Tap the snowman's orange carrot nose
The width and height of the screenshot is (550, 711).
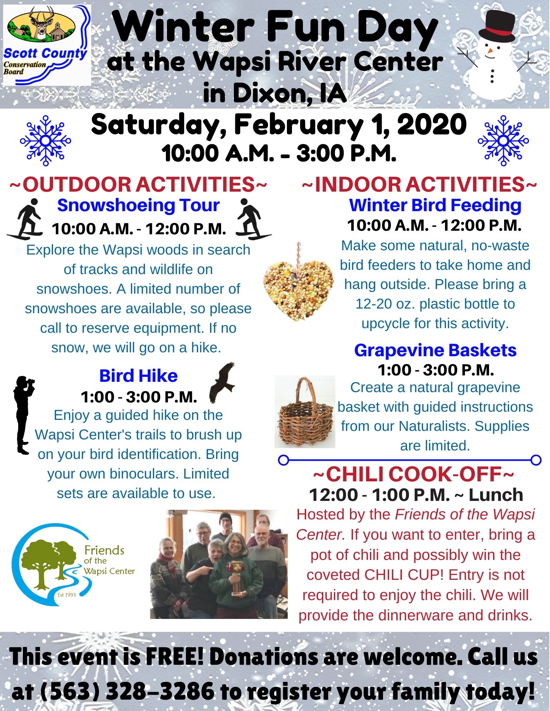491,50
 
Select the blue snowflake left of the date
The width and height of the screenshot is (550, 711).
46,141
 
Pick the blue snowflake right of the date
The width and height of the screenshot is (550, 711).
503,141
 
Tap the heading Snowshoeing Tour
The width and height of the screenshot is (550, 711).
138,205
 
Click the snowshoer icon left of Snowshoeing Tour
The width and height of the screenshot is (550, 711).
25,219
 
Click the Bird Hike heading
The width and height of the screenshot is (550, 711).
138,376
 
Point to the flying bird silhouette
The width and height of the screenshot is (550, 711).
222,383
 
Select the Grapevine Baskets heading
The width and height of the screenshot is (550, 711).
435,350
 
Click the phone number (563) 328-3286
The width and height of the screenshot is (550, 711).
126,691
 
